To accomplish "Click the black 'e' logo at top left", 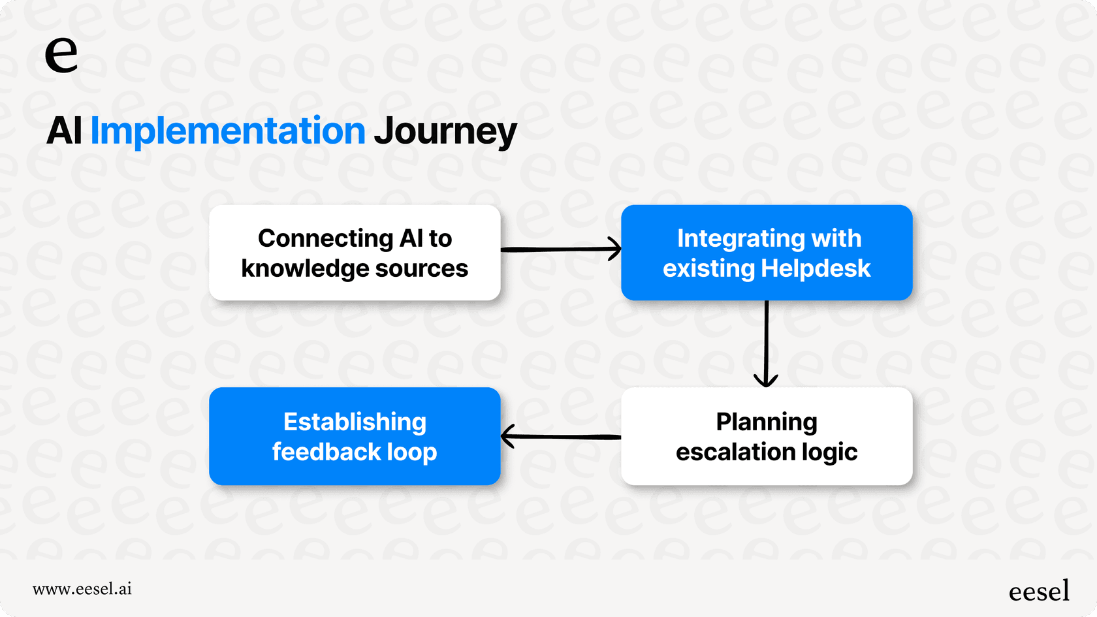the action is point(61,54).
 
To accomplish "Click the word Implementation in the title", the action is point(229,131).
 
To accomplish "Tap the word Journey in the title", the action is point(445,131).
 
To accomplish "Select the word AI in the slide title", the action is point(64,131).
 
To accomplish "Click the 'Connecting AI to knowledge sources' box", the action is point(355,253).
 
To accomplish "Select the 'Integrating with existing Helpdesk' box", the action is point(767,253).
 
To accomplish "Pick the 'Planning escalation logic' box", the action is point(767,436).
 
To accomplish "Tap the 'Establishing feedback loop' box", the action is point(355,436).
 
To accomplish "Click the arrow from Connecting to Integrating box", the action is point(561,249).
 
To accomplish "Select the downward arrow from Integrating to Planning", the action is point(767,343).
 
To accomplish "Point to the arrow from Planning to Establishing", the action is point(561,436).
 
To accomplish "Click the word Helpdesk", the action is point(816,268).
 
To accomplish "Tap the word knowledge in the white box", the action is point(304,269).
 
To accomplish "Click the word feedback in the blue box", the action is point(326,452).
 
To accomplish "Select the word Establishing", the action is point(355,422).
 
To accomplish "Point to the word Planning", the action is point(767,422).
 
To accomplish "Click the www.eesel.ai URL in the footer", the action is point(82,589).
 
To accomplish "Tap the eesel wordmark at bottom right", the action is point(1039,591).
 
